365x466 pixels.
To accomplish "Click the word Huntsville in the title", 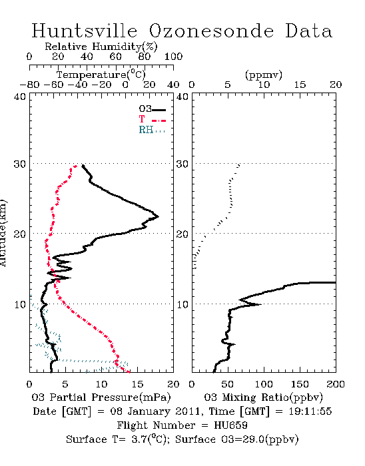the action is [85, 31].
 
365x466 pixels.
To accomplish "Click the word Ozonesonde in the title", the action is [210, 31].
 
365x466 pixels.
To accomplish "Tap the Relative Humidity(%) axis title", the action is [101, 47].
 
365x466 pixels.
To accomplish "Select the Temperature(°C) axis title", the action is [101, 75].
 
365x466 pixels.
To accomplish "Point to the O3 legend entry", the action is [152, 109].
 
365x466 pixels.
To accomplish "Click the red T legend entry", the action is [152, 120].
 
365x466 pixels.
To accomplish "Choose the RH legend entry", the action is [152, 130].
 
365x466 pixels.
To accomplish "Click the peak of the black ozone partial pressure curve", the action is [158, 216].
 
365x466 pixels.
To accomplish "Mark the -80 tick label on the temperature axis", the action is [29, 85].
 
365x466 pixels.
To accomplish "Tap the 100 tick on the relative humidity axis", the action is [173, 57].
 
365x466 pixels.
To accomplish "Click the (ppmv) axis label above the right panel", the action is [264, 75].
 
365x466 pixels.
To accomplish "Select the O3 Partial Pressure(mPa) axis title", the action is [101, 397].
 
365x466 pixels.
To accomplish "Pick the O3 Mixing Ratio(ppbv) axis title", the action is [263, 397].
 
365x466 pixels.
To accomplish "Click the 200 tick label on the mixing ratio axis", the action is [336, 384].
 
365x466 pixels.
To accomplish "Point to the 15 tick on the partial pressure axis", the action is [137, 384].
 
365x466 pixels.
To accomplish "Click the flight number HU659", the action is [230, 425].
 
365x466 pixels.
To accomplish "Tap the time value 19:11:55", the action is [310, 411].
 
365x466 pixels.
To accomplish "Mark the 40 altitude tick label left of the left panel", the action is [20, 97].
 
